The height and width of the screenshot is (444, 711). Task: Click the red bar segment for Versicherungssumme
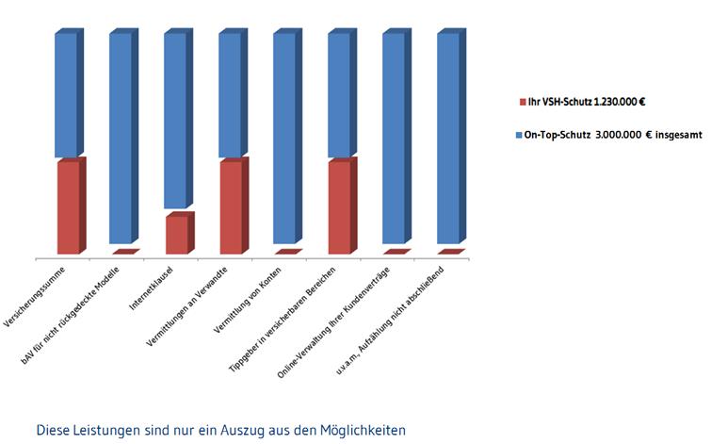coord(68,207)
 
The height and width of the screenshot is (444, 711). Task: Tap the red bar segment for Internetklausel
coord(176,235)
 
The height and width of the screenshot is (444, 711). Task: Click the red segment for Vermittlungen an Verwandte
coord(231,207)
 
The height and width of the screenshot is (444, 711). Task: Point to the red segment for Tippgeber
coord(340,207)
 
